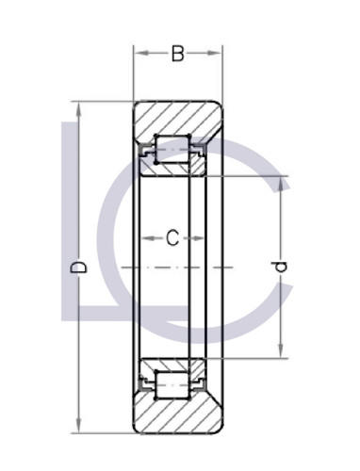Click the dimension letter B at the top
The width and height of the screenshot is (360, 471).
[177, 55]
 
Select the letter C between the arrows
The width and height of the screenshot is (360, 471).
[172, 238]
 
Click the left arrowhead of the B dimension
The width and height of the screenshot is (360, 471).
[139, 55]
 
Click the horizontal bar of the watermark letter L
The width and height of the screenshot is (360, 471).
[99, 310]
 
